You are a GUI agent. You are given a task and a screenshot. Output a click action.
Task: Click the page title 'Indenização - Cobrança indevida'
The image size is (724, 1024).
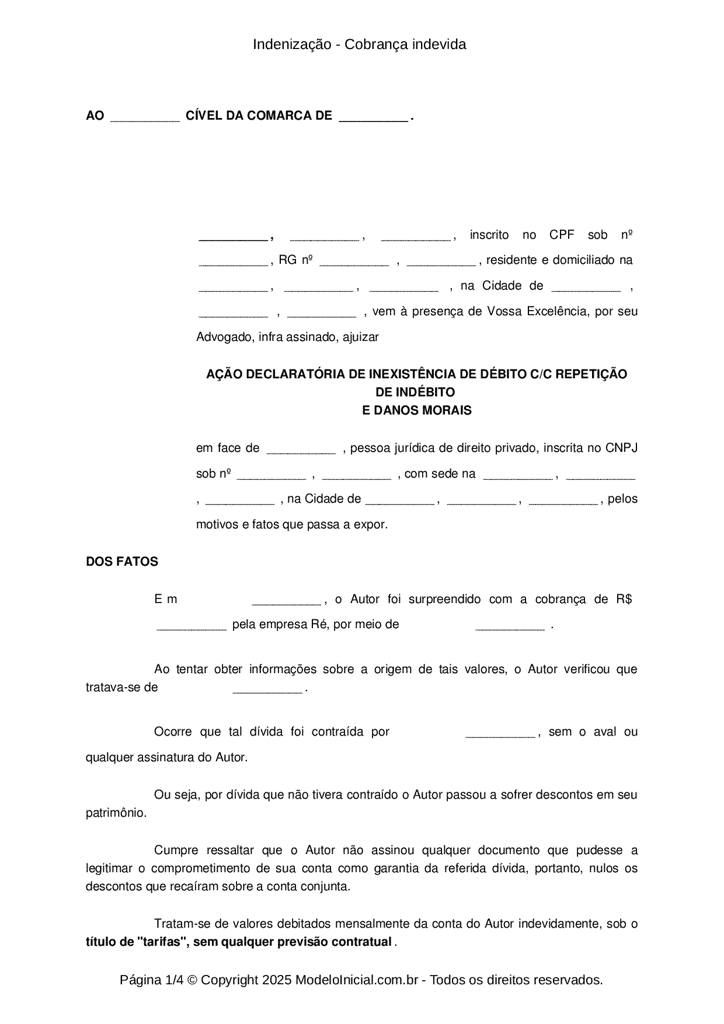[359, 44]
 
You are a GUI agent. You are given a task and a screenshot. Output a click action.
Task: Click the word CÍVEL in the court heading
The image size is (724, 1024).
[203, 116]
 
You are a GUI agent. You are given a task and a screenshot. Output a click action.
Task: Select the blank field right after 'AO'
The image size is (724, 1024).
[145, 119]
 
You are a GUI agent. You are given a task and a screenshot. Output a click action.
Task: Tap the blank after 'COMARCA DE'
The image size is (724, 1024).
[373, 119]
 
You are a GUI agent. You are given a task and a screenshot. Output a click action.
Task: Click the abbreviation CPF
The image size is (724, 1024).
[562, 235]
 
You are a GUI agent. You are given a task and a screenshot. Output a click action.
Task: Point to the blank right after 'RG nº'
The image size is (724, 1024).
[354, 263]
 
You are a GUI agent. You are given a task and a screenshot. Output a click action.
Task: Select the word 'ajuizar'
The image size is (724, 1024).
[361, 337]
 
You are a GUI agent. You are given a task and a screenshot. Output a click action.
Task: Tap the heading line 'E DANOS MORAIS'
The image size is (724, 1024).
[417, 410]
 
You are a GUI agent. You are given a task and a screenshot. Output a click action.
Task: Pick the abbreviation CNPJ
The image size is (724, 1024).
[621, 448]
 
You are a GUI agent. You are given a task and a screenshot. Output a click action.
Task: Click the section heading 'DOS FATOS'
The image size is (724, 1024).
[122, 562]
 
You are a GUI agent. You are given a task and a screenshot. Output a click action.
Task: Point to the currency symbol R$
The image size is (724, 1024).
[624, 599]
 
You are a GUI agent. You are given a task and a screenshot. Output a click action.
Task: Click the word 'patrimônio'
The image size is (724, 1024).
[115, 813]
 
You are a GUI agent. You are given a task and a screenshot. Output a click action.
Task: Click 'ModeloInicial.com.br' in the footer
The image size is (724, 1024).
[356, 980]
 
